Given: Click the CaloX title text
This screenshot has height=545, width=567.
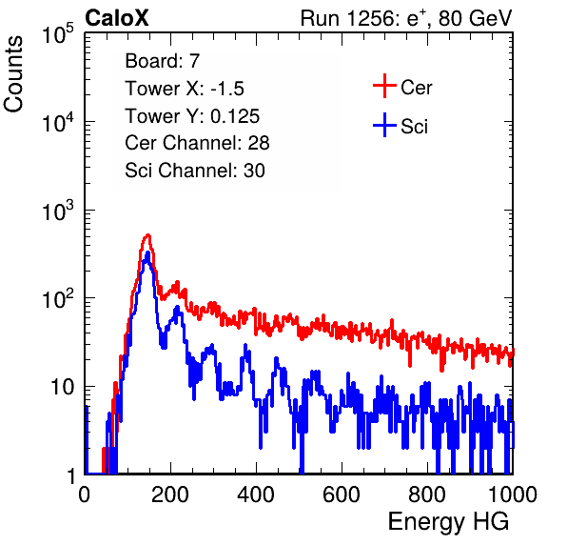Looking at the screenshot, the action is click(x=117, y=18).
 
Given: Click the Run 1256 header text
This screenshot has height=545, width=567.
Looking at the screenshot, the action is click(x=406, y=18).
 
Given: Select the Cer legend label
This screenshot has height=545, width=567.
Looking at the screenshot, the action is click(x=416, y=88).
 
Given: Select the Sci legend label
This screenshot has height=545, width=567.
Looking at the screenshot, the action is click(x=415, y=127).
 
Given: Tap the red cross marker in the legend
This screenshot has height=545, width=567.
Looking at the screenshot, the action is click(x=384, y=86).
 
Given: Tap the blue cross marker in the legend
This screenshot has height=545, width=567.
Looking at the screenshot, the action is click(x=384, y=125).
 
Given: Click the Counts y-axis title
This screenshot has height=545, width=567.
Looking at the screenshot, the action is click(x=13, y=74).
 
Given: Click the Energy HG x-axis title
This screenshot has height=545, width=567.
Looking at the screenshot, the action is click(x=448, y=522).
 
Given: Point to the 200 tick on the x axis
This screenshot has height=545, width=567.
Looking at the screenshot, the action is click(x=170, y=495).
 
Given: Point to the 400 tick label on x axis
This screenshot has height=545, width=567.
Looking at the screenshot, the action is click(x=256, y=495).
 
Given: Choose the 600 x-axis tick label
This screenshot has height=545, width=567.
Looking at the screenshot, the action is click(x=342, y=495).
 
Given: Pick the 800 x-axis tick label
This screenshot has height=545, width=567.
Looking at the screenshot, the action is click(x=427, y=495).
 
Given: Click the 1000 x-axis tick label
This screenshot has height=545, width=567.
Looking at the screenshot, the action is click(x=513, y=495).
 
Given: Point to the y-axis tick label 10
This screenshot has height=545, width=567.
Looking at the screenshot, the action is click(x=63, y=387).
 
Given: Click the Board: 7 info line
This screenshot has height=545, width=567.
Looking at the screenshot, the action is click(x=163, y=61).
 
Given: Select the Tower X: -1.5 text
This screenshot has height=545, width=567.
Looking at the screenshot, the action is click(x=185, y=89).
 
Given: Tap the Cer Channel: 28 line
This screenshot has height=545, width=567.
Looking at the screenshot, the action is click(x=197, y=143).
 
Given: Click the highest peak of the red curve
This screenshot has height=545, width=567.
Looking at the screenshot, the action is click(x=147, y=235).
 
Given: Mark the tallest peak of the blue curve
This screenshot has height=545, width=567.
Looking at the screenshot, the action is click(x=147, y=253).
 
